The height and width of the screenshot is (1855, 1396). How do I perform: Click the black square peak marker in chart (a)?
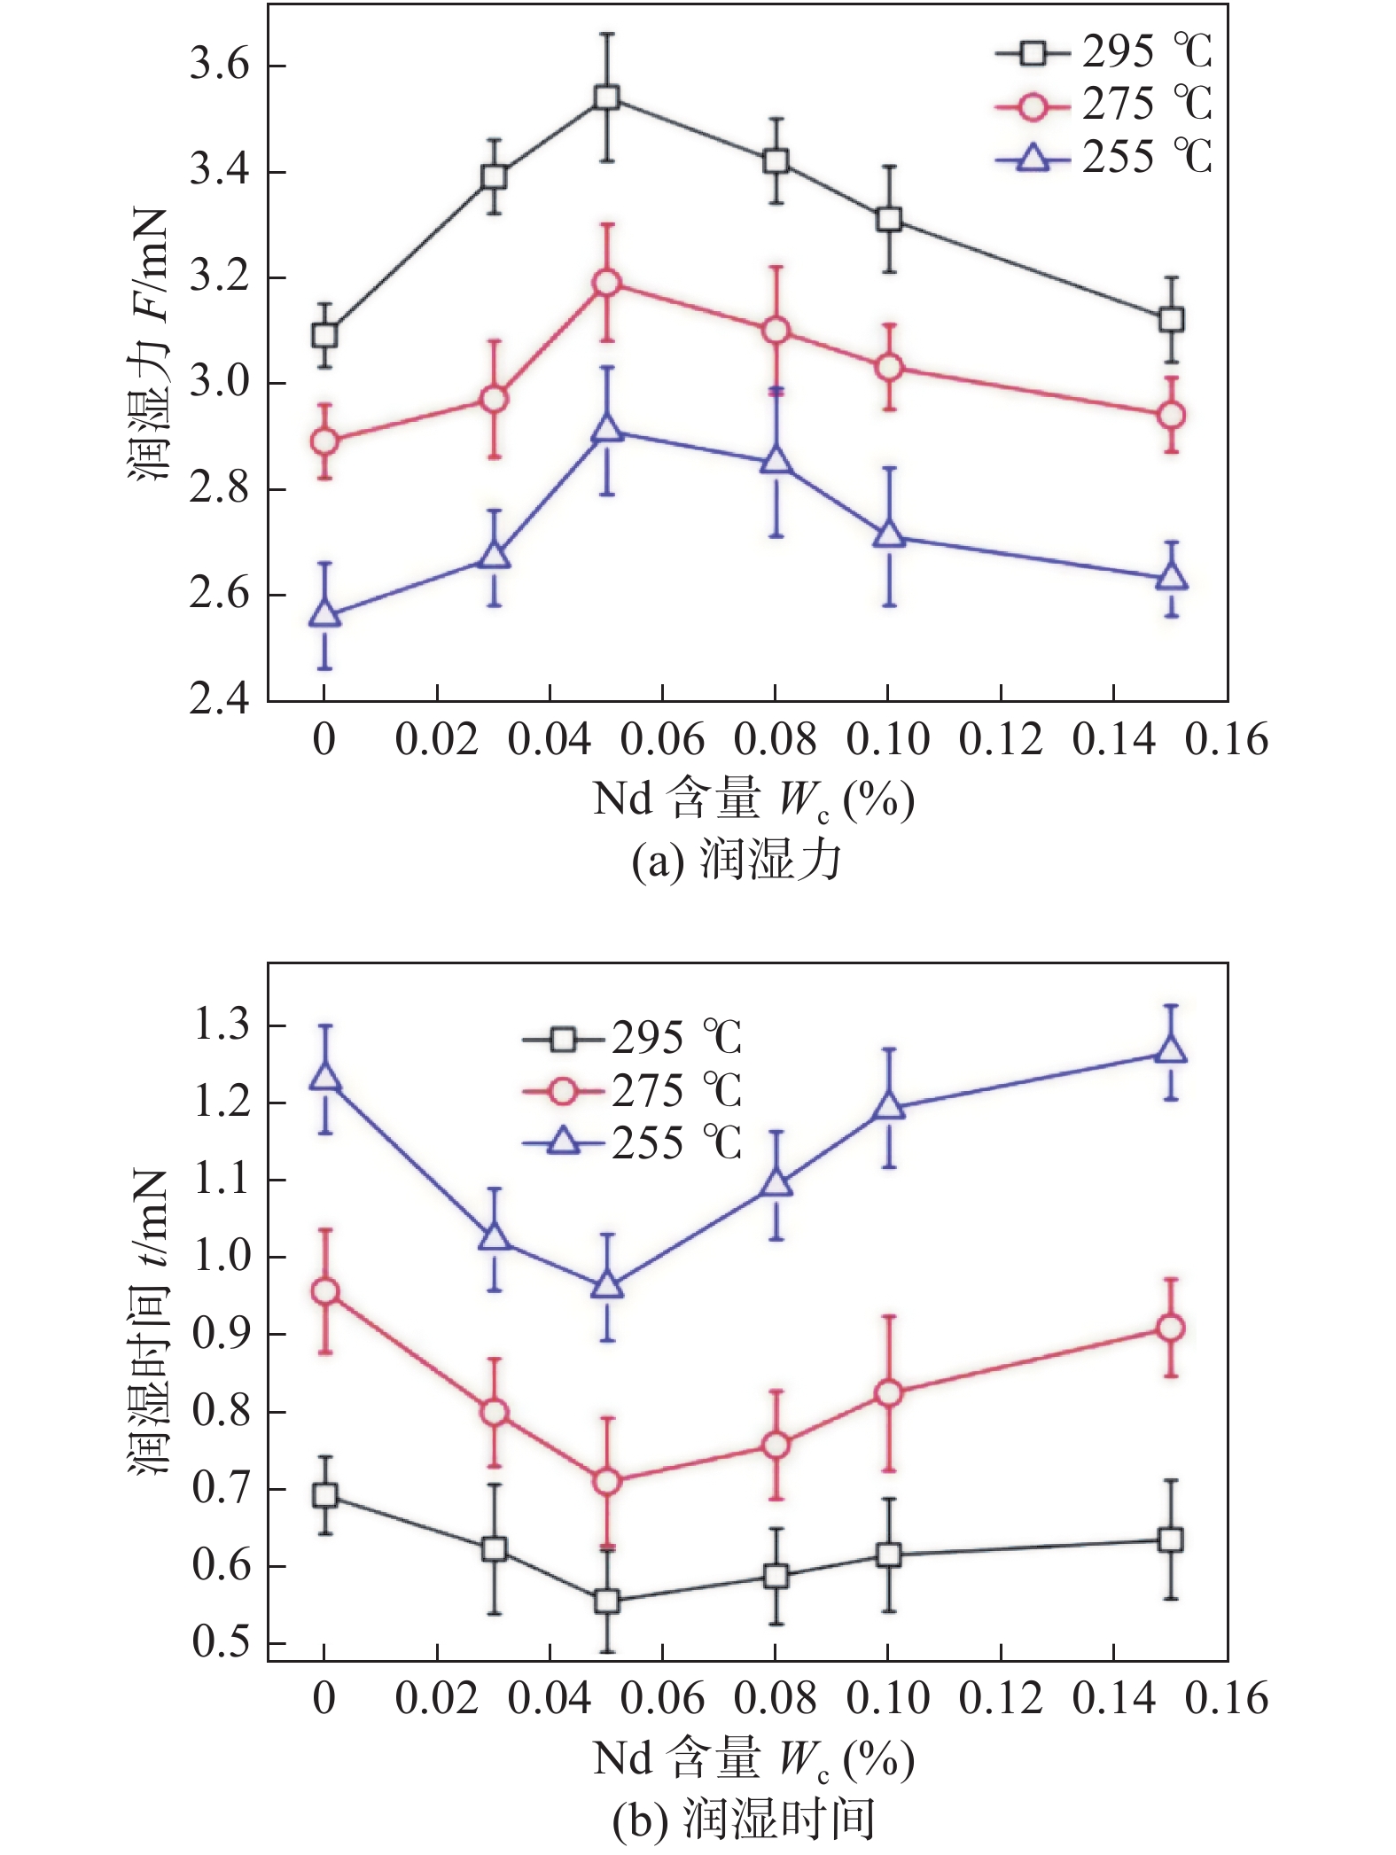pyautogui.click(x=606, y=97)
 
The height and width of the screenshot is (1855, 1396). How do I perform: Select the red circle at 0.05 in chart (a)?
pyautogui.click(x=606, y=283)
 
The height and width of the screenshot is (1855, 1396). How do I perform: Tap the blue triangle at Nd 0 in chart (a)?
pyautogui.click(x=324, y=614)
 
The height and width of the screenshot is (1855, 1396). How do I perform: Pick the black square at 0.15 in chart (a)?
pyautogui.click(x=1171, y=320)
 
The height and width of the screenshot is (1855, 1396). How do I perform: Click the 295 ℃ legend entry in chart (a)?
pyautogui.click(x=1104, y=53)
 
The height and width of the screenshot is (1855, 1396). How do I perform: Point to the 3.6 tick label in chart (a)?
pyautogui.click(x=219, y=66)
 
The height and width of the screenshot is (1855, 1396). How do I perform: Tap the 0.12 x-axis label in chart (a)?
pyautogui.click(x=1001, y=740)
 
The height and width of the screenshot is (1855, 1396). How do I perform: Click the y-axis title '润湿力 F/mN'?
pyautogui.click(x=149, y=346)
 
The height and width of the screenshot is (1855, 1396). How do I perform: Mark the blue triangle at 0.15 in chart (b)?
pyautogui.click(x=1171, y=1050)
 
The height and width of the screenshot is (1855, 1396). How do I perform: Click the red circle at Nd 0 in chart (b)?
pyautogui.click(x=325, y=1292)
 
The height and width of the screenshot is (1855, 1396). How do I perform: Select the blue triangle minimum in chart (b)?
pyautogui.click(x=606, y=1285)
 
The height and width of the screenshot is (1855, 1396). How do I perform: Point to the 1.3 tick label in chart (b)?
pyautogui.click(x=221, y=1026)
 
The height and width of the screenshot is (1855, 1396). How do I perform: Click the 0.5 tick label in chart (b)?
pyautogui.click(x=221, y=1642)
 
